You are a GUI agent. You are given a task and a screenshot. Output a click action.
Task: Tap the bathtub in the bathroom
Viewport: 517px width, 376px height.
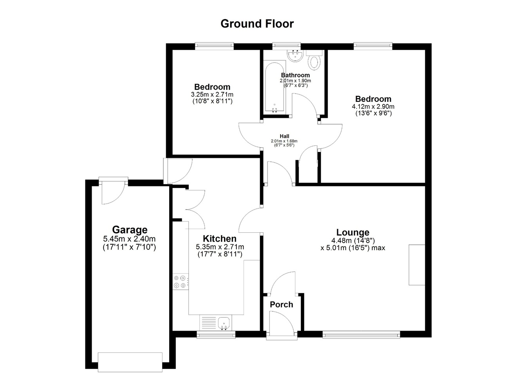275,87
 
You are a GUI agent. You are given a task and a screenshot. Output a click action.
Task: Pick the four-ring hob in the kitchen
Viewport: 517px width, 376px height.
180,282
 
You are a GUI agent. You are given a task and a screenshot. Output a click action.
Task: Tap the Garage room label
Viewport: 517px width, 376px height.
130,230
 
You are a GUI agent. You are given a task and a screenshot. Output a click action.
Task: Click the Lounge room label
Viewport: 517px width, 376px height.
352,232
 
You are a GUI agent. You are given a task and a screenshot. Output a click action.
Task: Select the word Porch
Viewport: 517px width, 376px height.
281,305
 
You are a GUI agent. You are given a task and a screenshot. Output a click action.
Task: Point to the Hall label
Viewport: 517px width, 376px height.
284,136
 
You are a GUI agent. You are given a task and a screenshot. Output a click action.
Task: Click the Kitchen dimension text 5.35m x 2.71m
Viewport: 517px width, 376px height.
220,247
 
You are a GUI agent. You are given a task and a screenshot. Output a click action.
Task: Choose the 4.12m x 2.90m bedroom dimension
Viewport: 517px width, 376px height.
373,107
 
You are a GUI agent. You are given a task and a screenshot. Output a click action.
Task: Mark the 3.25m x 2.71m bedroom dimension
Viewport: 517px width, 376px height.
212,94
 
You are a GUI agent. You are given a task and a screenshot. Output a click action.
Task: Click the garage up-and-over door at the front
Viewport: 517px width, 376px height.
130,362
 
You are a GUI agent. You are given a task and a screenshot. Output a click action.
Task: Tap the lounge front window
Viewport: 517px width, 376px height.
361,334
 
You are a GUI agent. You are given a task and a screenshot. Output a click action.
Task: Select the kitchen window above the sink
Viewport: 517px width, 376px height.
216,334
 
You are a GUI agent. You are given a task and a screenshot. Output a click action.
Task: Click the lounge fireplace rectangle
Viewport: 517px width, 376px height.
417,265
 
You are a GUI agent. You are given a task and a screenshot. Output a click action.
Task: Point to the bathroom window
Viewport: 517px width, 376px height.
286,46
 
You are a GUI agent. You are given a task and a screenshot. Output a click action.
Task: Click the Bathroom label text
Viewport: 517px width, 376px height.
295,75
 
